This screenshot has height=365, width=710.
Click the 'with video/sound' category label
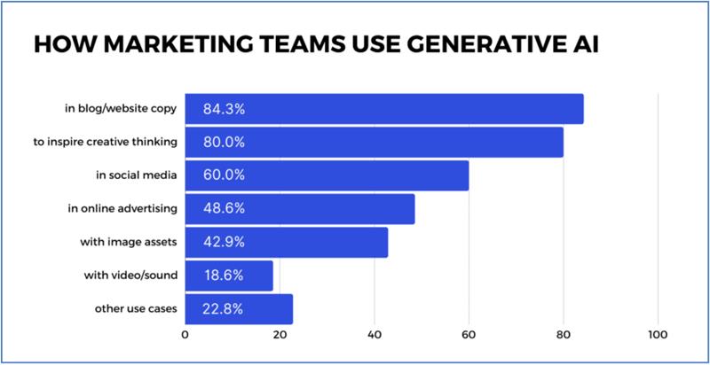[135, 276]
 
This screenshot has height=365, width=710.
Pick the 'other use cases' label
[136, 309]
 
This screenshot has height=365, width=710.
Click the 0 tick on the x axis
[185, 336]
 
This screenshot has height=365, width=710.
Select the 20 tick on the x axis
[279, 336]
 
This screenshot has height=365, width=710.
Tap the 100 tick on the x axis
[658, 336]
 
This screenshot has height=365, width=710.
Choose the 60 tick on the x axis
[468, 336]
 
